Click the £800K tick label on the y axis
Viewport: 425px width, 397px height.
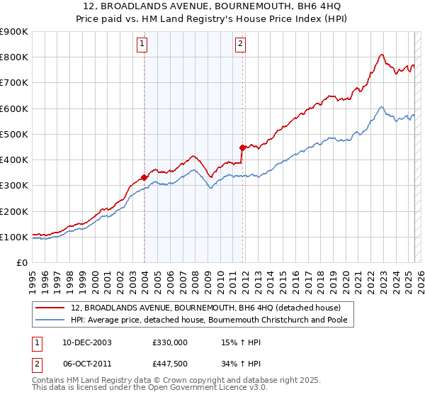[x=14, y=57]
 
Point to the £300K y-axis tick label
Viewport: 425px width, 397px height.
[x=14, y=186]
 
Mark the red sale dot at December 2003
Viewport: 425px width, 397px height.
[x=144, y=177]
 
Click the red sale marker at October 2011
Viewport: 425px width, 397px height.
[x=242, y=147]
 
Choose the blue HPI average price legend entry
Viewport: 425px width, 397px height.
[x=213, y=320]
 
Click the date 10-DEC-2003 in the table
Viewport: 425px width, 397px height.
[x=81, y=342]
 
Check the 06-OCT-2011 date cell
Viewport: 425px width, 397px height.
[x=81, y=364]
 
